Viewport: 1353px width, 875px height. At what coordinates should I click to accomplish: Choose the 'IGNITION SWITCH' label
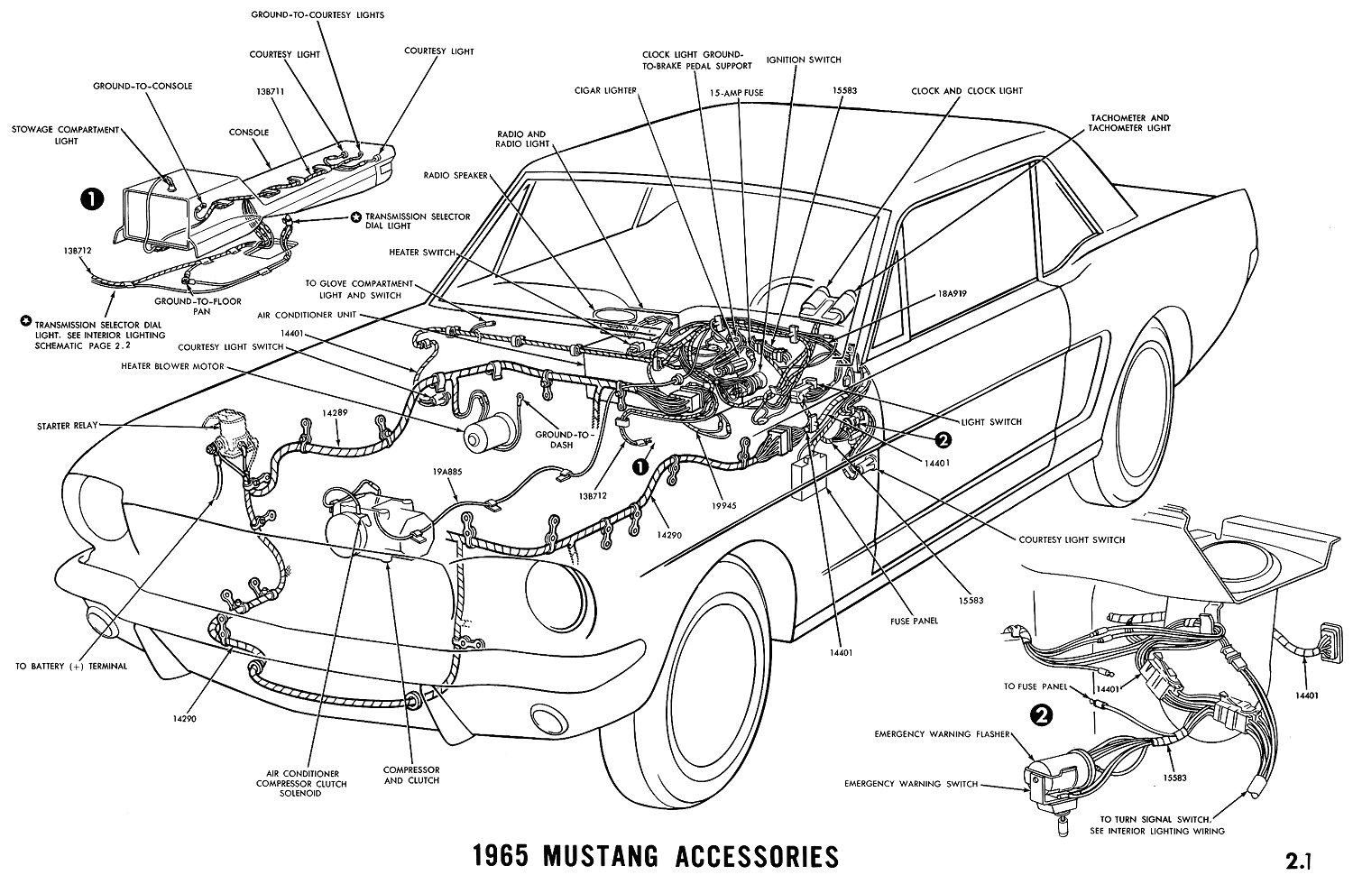(x=803, y=60)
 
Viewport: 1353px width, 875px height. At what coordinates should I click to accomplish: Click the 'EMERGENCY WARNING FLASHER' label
(x=939, y=734)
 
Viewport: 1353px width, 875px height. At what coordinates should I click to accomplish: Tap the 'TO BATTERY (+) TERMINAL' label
(x=71, y=666)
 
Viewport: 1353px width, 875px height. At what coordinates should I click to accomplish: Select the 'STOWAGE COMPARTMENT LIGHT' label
(x=64, y=135)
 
